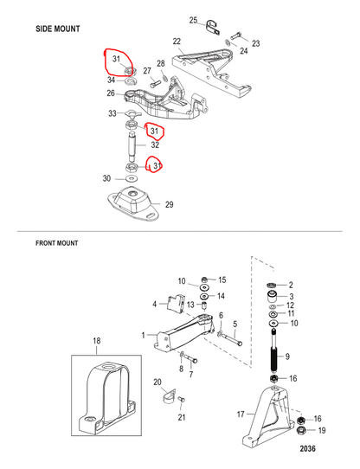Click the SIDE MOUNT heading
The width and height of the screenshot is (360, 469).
click(x=58, y=29)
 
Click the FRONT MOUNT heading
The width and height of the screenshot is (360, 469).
click(x=57, y=243)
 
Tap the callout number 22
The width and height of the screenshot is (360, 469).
click(x=177, y=42)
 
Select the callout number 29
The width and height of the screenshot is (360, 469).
click(x=170, y=204)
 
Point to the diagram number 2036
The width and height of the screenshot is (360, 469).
click(x=307, y=448)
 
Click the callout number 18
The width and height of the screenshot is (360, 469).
click(x=97, y=341)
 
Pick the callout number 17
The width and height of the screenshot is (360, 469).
click(x=241, y=414)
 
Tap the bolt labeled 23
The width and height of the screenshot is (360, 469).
click(x=235, y=35)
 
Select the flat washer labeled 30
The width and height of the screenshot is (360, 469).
click(x=131, y=178)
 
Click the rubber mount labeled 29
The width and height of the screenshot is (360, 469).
click(x=133, y=202)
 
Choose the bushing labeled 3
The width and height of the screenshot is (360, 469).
click(x=272, y=297)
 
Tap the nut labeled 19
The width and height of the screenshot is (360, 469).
click(x=301, y=431)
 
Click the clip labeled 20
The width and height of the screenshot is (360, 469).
click(x=170, y=396)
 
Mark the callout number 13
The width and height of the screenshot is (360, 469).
click(x=190, y=305)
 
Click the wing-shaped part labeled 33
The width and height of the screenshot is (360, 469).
click(x=131, y=113)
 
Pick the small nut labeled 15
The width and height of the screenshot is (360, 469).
click(x=204, y=279)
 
